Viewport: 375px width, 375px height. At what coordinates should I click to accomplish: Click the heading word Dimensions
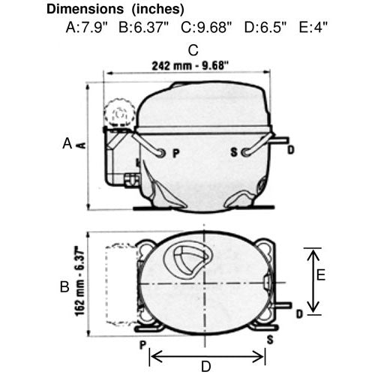[85, 9]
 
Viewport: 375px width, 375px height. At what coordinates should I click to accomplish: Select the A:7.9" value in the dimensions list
[86, 27]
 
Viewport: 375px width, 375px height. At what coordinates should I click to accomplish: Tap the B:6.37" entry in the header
[144, 27]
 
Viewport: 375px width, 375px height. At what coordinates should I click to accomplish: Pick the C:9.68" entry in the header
[206, 27]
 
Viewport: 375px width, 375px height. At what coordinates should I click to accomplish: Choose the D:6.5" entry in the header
[265, 27]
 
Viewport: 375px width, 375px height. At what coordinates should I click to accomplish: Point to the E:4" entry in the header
[313, 27]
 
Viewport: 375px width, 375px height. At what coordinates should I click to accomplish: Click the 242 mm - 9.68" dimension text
[190, 66]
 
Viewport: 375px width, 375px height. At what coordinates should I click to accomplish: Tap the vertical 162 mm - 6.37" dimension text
[79, 281]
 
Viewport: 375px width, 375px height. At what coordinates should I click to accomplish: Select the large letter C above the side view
[193, 50]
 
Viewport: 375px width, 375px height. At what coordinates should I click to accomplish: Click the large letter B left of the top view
[64, 286]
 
